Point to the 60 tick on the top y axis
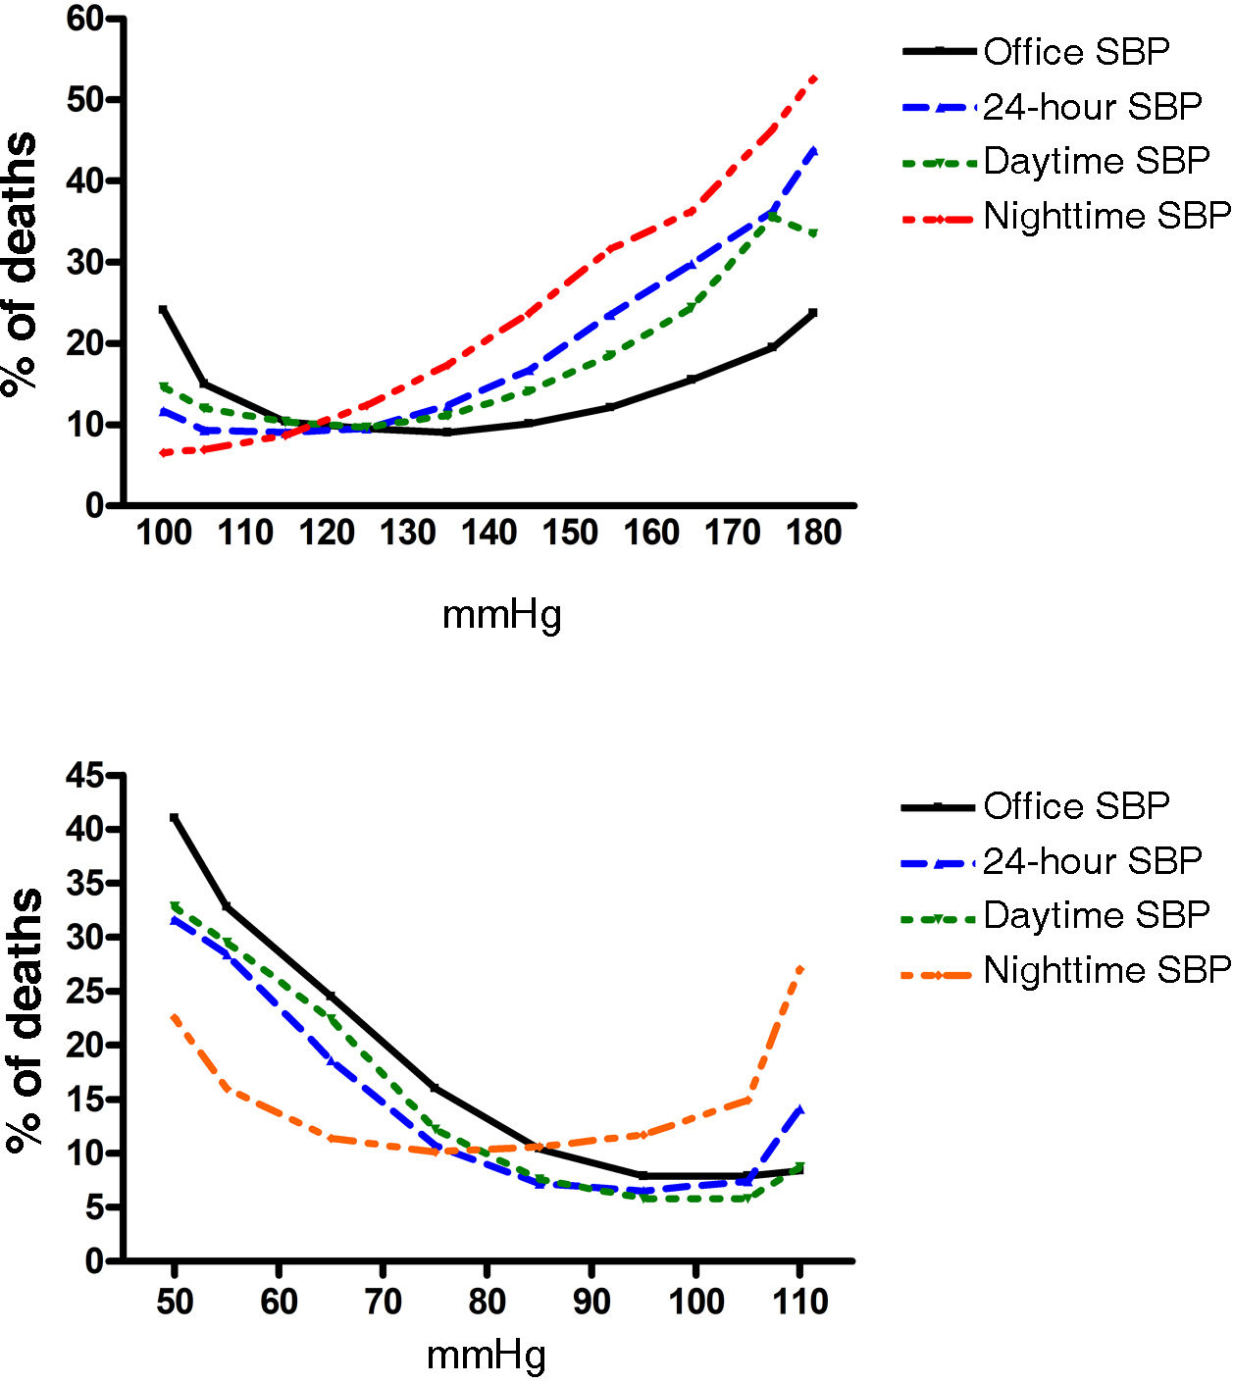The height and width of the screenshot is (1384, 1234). tap(86, 19)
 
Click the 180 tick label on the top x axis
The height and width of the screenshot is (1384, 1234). tap(814, 533)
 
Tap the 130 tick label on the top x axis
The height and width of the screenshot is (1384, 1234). tap(407, 533)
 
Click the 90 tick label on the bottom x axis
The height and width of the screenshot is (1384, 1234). tap(591, 1302)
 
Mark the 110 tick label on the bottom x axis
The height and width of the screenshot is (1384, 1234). tap(799, 1302)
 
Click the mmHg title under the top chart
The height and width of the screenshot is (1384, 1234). tap(502, 615)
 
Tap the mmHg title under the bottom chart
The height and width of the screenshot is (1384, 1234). tap(487, 1356)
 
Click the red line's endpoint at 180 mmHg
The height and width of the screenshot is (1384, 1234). tap(813, 77)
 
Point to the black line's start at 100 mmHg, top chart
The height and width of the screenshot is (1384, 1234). tap(164, 309)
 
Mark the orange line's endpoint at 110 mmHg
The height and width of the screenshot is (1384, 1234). tap(800, 969)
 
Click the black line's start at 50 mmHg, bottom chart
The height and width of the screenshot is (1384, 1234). tap(175, 817)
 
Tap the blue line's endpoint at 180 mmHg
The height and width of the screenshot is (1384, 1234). tap(813, 151)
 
